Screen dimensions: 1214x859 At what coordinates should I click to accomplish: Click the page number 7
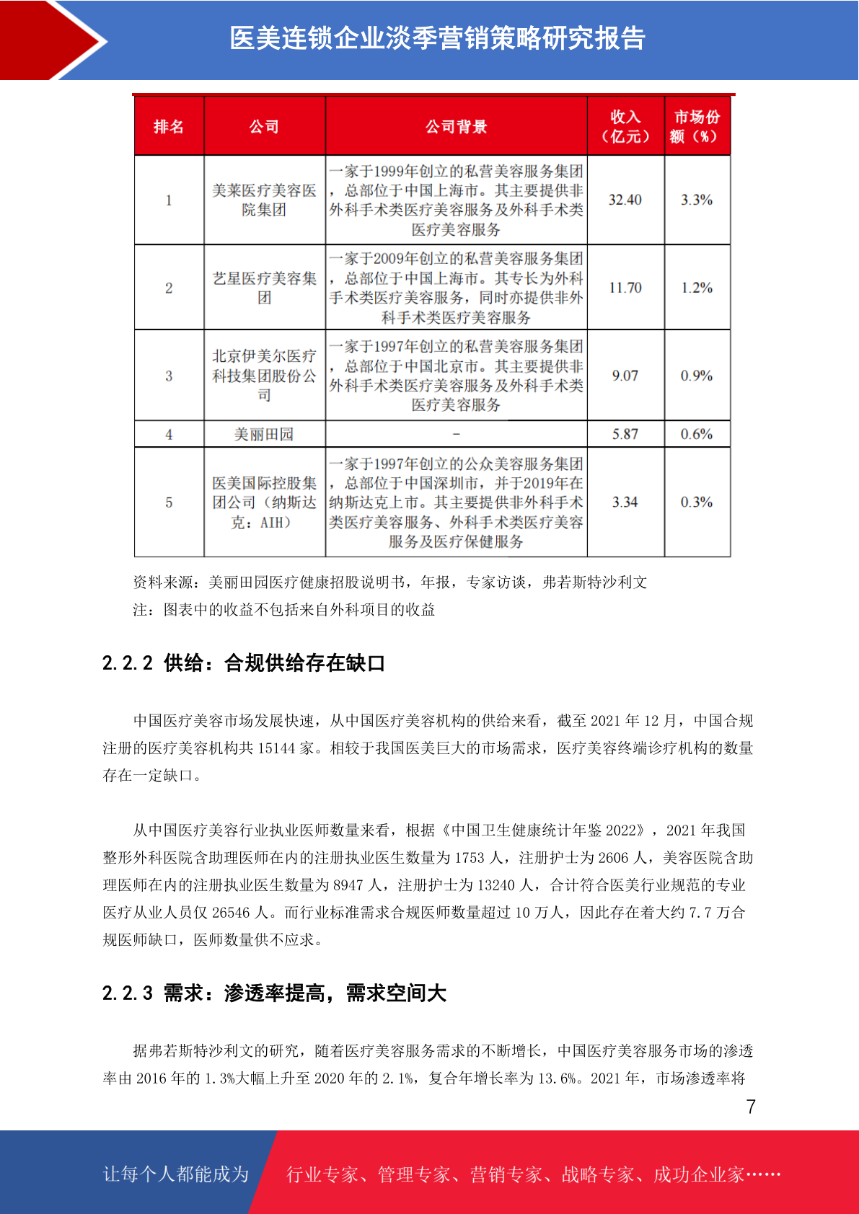pyautogui.click(x=751, y=1107)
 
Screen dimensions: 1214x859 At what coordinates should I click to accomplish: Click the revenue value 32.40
pyautogui.click(x=625, y=200)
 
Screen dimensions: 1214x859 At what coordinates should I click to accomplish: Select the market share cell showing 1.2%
pyautogui.click(x=697, y=288)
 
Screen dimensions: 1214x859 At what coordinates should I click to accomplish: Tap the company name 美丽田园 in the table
pyautogui.click(x=264, y=434)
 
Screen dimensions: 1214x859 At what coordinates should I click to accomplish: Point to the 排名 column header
pyautogui.click(x=169, y=127)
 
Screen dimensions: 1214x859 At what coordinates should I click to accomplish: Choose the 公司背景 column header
pyautogui.click(x=456, y=127)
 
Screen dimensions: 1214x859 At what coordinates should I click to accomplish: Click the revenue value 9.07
pyautogui.click(x=625, y=376)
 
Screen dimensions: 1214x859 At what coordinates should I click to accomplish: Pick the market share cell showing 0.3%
pyautogui.click(x=697, y=502)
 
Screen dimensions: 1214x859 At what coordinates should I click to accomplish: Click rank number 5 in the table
pyautogui.click(x=169, y=502)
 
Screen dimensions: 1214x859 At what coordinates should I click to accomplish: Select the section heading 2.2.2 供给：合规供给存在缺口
pyautogui.click(x=244, y=663)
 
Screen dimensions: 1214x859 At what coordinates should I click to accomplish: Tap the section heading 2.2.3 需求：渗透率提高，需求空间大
pyautogui.click(x=274, y=993)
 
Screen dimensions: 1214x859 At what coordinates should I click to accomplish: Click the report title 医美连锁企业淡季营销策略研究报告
pyautogui.click(x=437, y=39)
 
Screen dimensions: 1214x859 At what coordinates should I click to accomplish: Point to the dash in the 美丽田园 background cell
pyautogui.click(x=456, y=434)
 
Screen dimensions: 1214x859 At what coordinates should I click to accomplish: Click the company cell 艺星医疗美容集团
pyautogui.click(x=264, y=288)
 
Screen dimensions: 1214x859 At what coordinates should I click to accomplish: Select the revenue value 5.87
pyautogui.click(x=625, y=434)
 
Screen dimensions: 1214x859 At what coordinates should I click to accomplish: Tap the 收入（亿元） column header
pyautogui.click(x=625, y=127)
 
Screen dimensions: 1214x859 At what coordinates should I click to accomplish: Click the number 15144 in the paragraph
pyautogui.click(x=276, y=748)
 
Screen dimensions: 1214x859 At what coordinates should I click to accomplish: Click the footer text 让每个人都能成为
pyautogui.click(x=176, y=1174)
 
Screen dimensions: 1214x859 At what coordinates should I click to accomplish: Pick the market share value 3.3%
pyautogui.click(x=697, y=200)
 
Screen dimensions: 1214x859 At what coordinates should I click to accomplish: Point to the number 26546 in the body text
pyautogui.click(x=231, y=913)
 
